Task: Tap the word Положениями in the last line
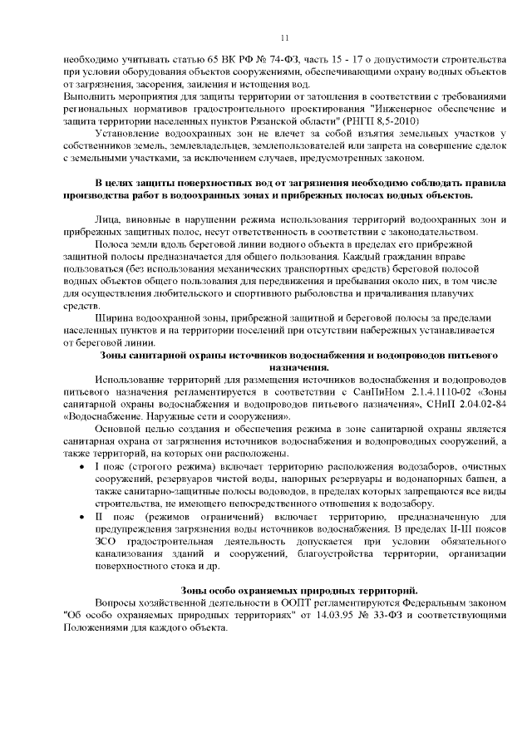coord(95,628)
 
